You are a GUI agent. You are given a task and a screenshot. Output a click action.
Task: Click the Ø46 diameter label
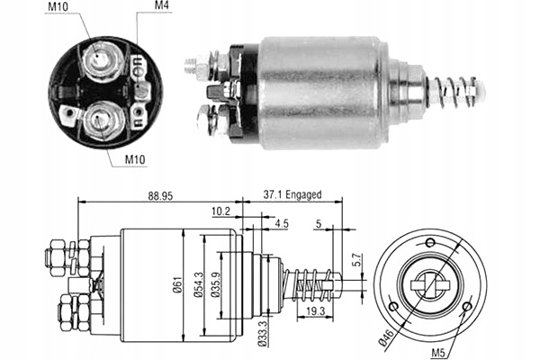point(386,337)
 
